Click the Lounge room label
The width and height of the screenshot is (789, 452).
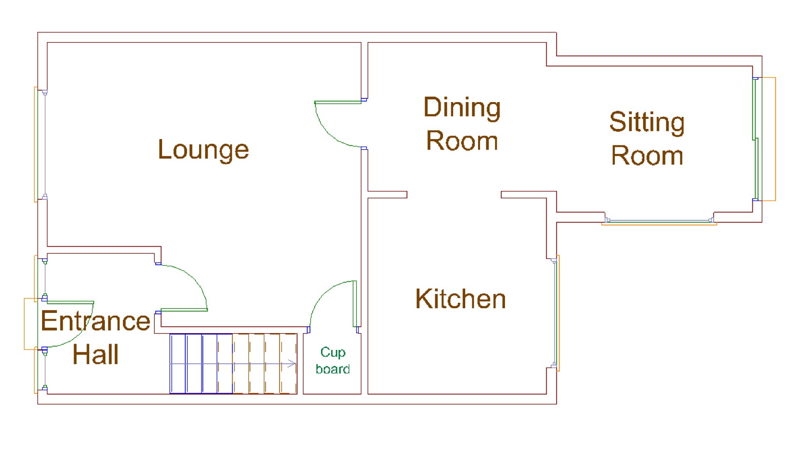[203, 150]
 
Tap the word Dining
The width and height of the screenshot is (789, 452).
[462, 108]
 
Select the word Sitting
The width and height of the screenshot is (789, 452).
[647, 122]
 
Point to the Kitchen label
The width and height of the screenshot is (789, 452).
[461, 299]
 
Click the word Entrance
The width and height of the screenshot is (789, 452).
[95, 321]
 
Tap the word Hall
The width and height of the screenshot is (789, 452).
[95, 355]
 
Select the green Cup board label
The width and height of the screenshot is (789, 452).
[332, 360]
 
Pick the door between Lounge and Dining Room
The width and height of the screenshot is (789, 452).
[337, 102]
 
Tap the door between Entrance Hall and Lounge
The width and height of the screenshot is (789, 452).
[184, 310]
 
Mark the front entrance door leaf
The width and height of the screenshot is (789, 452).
[70, 302]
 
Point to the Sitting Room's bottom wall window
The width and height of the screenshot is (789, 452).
[659, 221]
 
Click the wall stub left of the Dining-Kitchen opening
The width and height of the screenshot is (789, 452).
[387, 195]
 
